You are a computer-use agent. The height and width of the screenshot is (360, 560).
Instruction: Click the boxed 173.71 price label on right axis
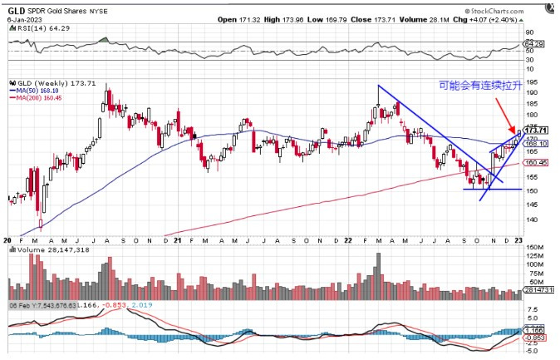pyautogui.click(x=539, y=131)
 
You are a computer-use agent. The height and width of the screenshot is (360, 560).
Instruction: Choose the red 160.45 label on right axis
pyautogui.click(x=539, y=163)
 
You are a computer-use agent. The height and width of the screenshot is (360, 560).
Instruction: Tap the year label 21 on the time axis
pyautogui.click(x=177, y=239)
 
